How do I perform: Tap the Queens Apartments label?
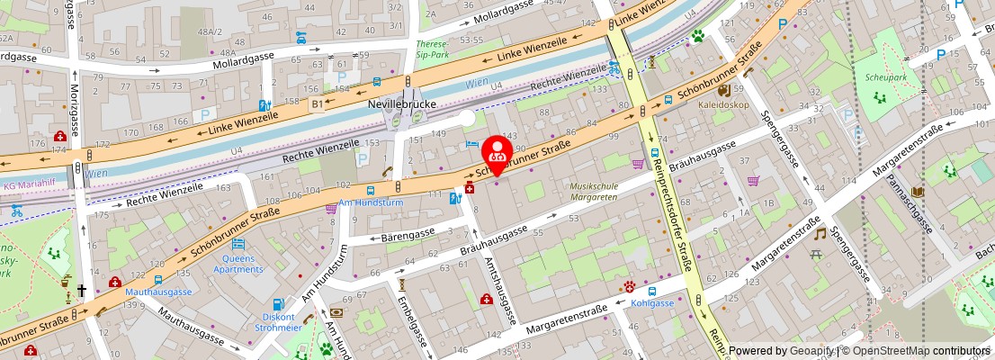click(238, 263)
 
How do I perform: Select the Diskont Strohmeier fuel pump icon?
click(278, 304)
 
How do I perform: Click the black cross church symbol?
click(81, 291)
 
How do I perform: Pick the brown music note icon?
click(820, 233)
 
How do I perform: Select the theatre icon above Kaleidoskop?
click(723, 90)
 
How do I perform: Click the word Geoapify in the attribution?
click(810, 351)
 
